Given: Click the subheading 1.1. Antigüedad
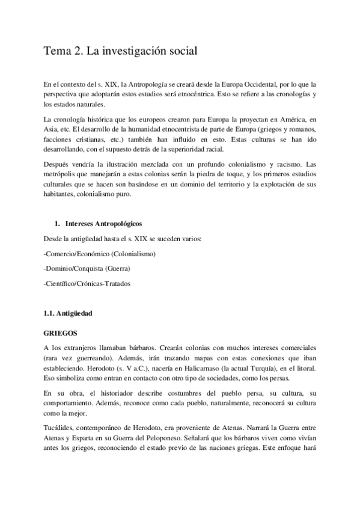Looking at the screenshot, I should point(68,313).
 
